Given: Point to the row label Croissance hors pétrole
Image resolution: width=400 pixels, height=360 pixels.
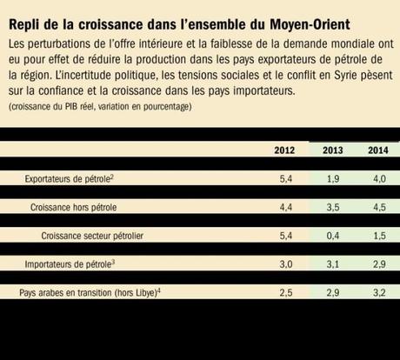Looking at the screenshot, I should point(73,208).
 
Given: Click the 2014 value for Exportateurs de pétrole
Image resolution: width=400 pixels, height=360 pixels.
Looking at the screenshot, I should point(375,178).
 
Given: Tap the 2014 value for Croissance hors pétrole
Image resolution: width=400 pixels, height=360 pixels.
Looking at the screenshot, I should point(375,208).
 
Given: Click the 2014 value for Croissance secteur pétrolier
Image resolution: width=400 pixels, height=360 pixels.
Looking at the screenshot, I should point(375,236).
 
